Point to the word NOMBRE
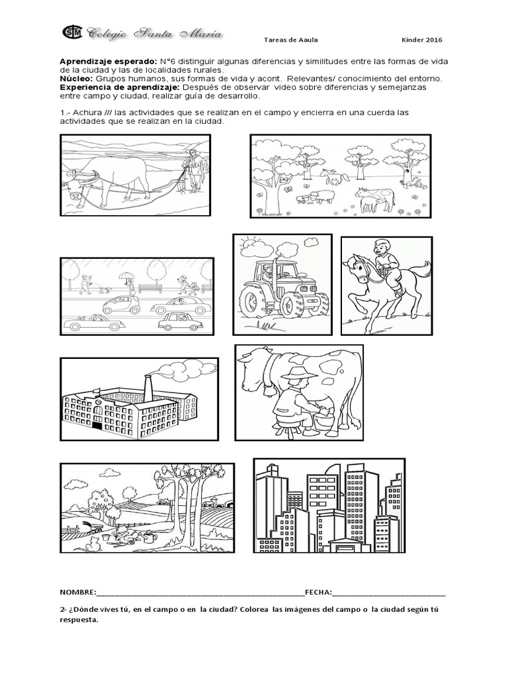[78, 573]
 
